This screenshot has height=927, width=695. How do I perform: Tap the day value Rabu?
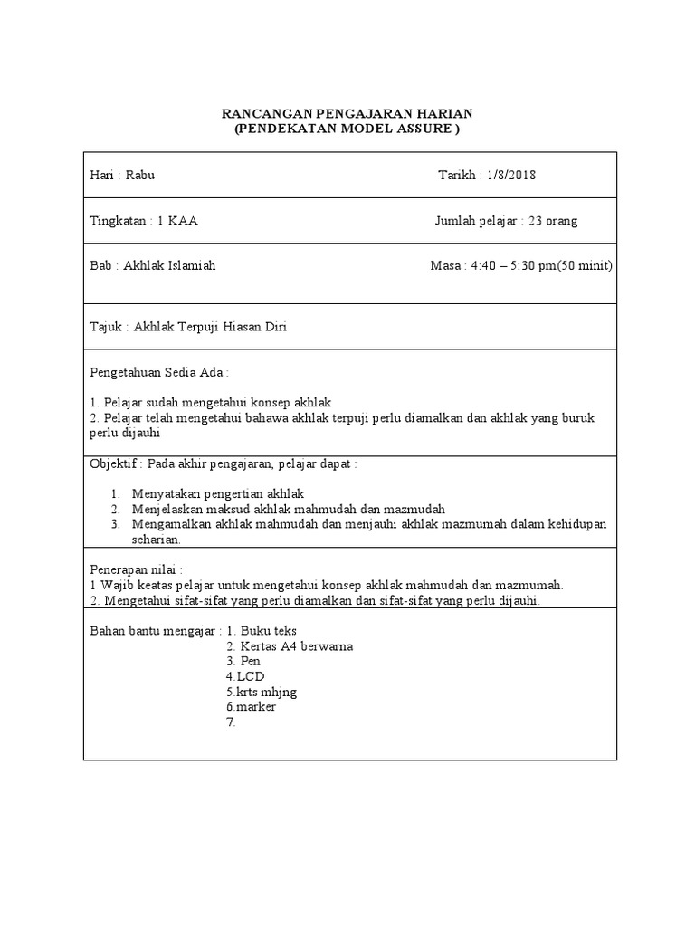click(140, 175)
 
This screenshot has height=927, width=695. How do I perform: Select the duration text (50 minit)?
click(585, 266)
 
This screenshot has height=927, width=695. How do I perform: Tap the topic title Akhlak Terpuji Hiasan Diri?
click(210, 327)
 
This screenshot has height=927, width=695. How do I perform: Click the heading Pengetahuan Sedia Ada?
click(158, 372)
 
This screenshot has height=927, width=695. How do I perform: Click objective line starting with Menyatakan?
click(218, 493)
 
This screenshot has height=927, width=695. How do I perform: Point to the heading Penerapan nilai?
click(136, 569)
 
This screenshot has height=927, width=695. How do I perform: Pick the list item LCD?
click(250, 676)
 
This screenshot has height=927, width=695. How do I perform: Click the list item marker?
click(255, 707)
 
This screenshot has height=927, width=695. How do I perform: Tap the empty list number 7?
click(231, 722)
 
